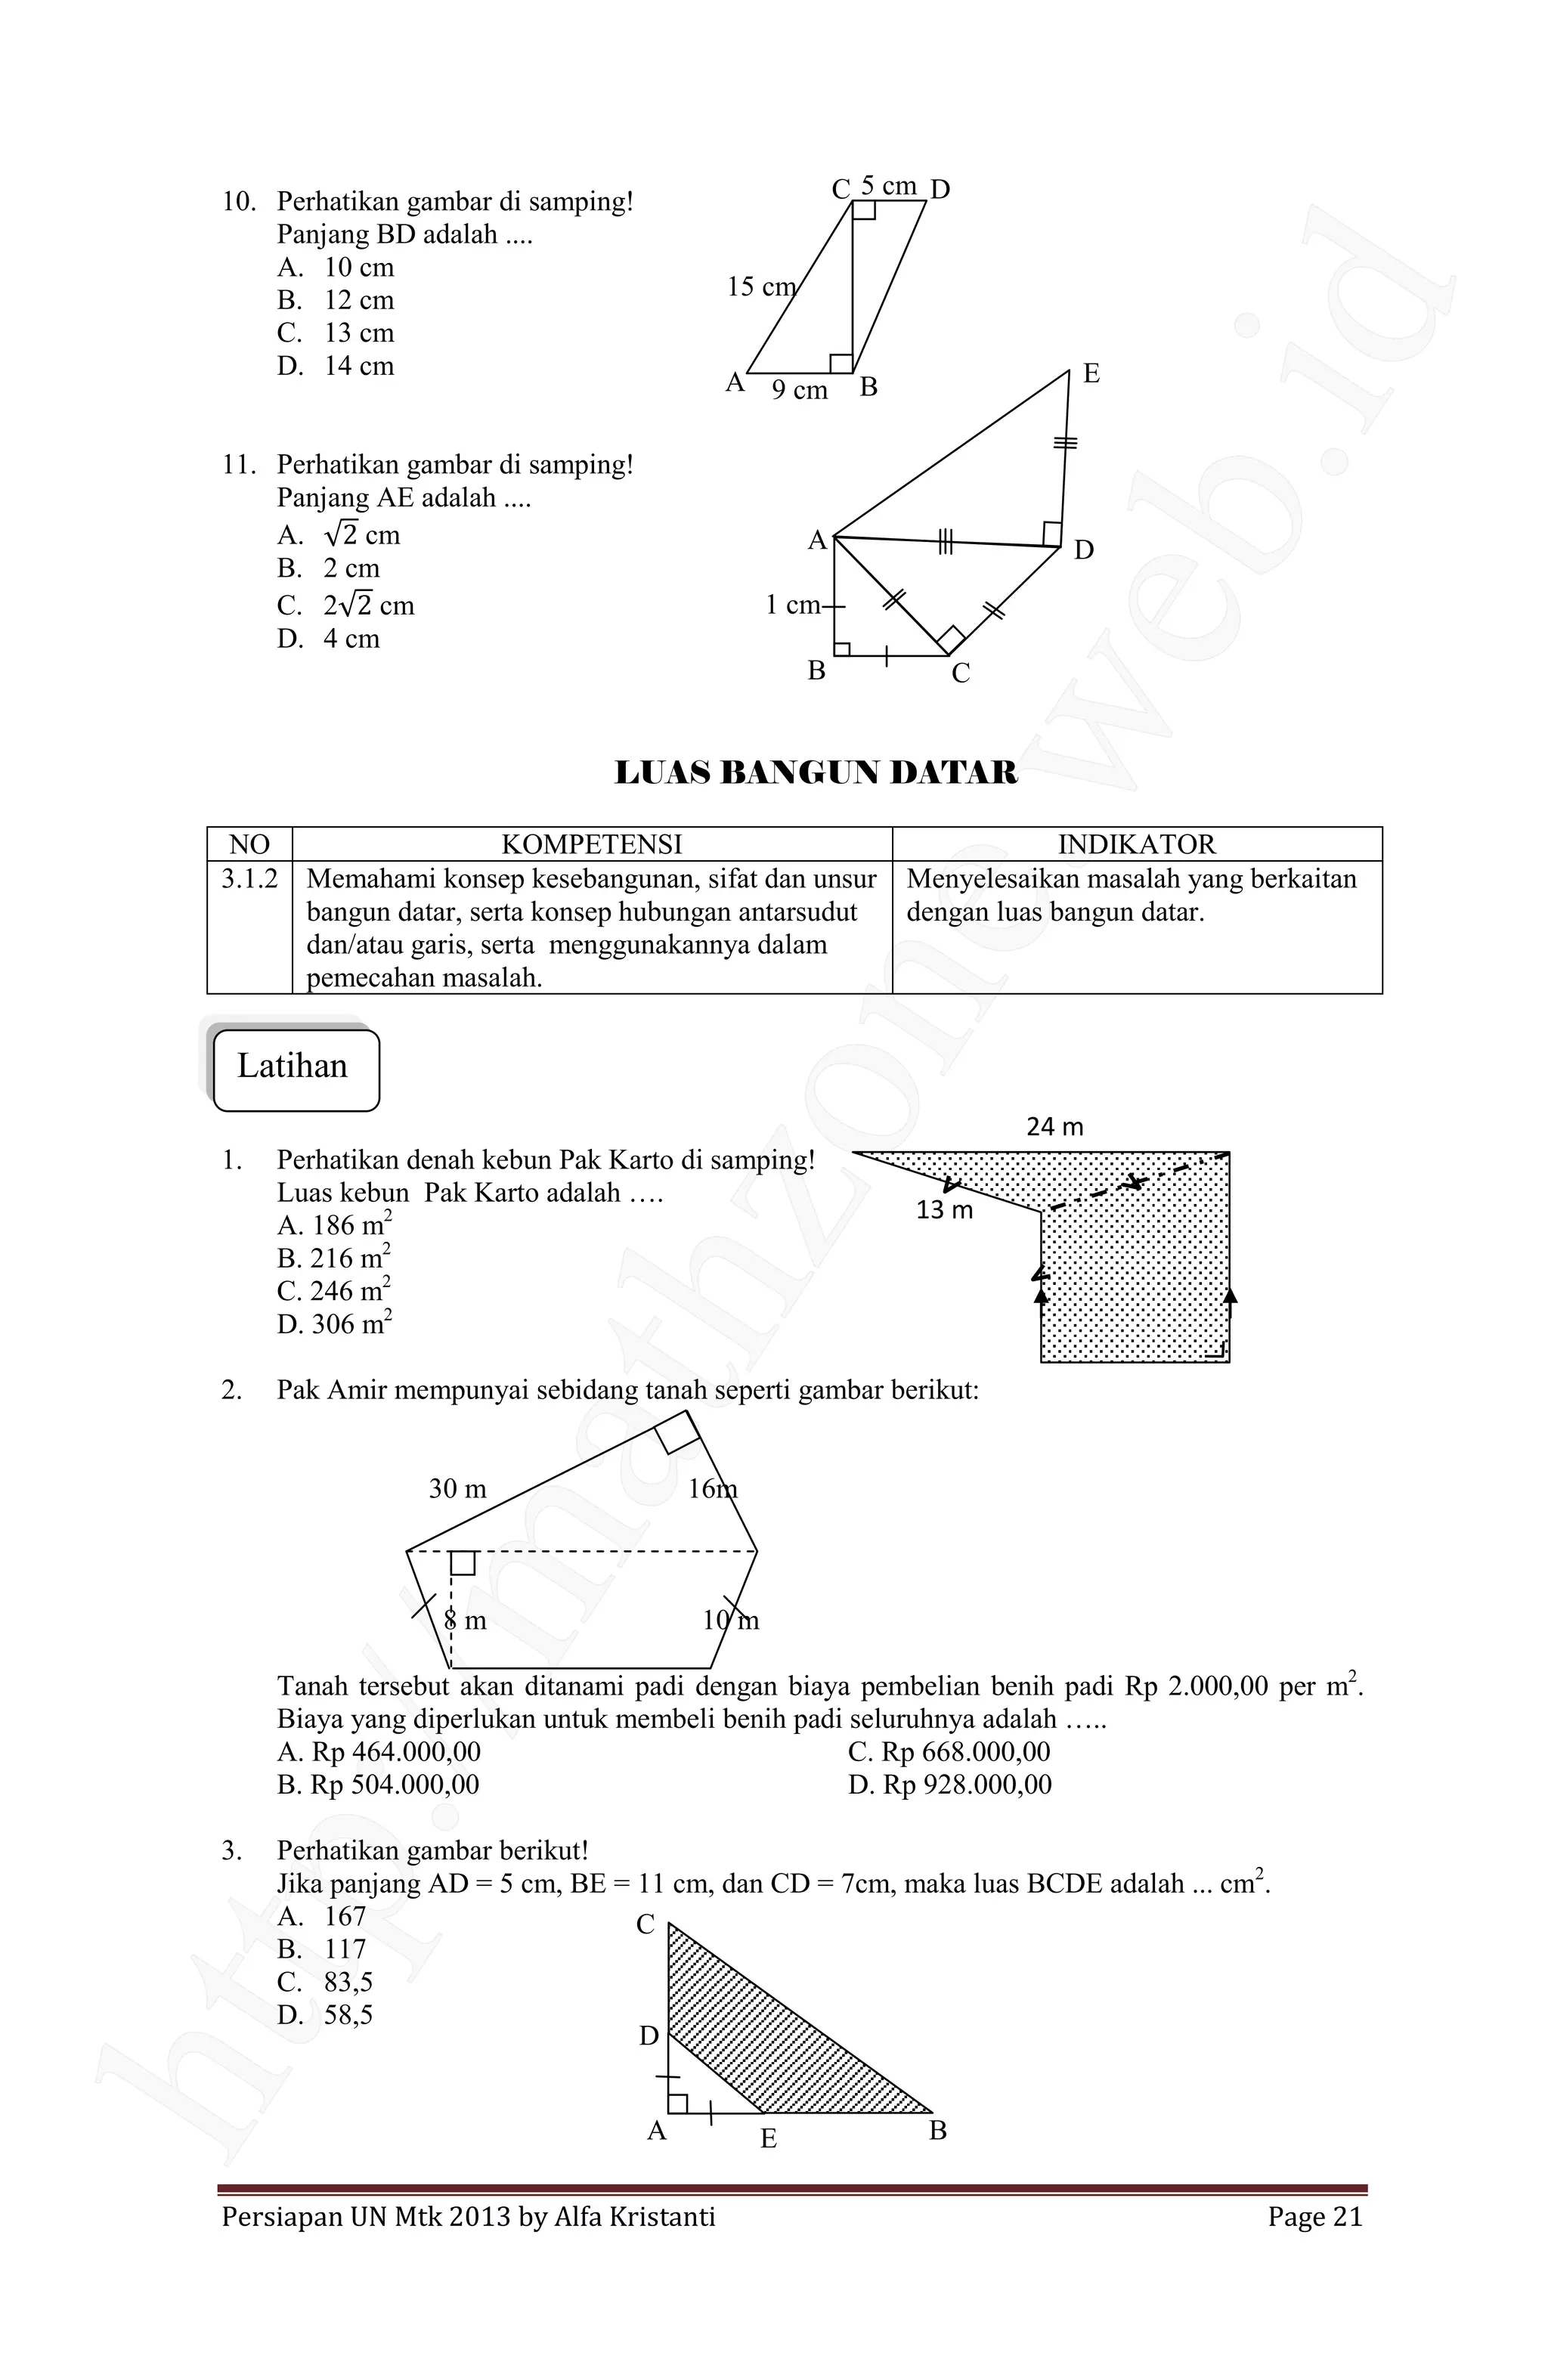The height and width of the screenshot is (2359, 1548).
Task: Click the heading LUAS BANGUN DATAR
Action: [x=815, y=773]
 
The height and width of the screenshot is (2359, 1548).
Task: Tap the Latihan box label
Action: [x=293, y=1067]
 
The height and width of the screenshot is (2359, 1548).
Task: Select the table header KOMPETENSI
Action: [x=592, y=844]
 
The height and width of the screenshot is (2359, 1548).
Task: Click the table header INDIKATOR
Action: [x=1136, y=844]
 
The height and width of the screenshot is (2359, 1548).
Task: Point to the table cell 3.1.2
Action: [x=249, y=879]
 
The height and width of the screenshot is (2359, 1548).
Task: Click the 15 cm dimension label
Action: [x=760, y=287]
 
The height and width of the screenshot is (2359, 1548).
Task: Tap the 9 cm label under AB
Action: [x=799, y=391]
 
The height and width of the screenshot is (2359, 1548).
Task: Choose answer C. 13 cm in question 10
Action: [x=336, y=333]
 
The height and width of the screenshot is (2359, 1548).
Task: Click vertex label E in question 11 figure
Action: [x=1091, y=373]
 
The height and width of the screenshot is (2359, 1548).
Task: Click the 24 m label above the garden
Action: [x=1054, y=1127]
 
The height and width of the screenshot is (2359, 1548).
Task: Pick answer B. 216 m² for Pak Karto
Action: [x=334, y=1258]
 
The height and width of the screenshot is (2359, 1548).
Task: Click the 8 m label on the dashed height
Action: [x=465, y=1621]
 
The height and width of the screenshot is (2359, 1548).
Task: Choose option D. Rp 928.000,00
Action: [x=949, y=1785]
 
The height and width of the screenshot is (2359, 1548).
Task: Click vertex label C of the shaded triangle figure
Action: [x=646, y=1925]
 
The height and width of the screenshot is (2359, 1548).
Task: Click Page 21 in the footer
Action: [x=1314, y=2217]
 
